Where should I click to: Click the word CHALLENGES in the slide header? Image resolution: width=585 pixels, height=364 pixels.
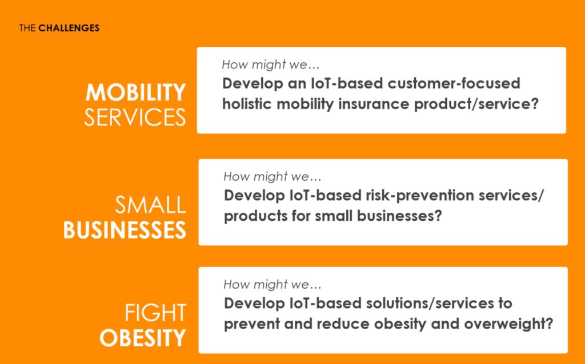[x=69, y=28]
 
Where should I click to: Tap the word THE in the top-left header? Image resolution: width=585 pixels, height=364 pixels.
[x=27, y=28]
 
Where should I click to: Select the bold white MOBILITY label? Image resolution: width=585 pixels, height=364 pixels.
[x=135, y=92]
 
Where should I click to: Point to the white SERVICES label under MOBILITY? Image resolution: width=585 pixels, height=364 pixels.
[x=135, y=118]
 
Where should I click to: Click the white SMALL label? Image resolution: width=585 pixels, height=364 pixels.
[x=150, y=205]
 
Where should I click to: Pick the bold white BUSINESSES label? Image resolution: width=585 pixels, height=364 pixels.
[x=125, y=230]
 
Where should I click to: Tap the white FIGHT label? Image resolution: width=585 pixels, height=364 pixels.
[x=155, y=313]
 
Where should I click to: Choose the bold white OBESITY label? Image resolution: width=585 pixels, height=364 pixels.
[x=142, y=338]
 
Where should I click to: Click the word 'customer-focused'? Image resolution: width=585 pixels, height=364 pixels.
[x=454, y=83]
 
